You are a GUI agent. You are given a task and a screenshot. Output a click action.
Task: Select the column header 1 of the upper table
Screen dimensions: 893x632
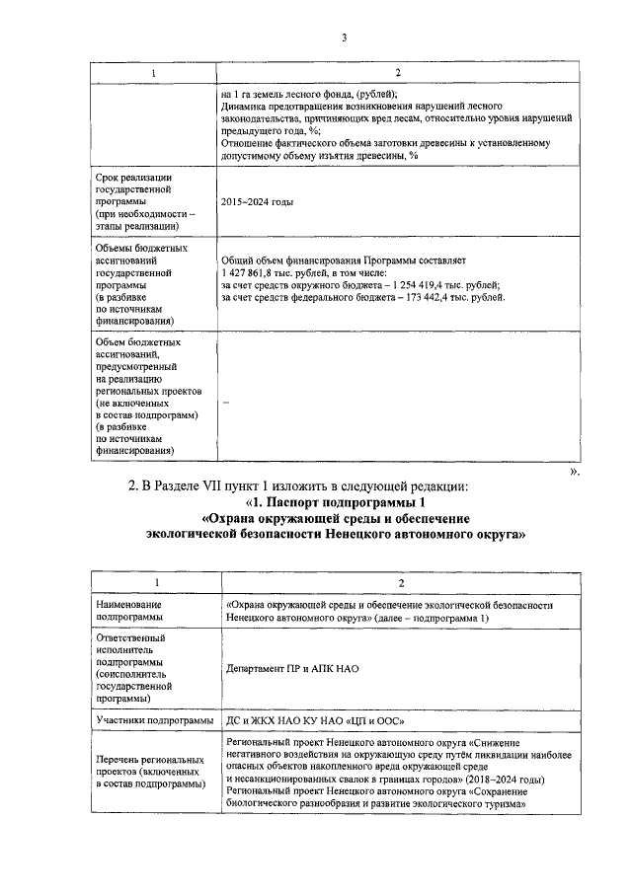coord(153,74)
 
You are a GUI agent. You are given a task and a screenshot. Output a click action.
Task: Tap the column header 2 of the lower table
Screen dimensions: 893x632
coord(396,582)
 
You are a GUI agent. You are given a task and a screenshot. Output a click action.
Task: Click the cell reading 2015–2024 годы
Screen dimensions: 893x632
coord(260,202)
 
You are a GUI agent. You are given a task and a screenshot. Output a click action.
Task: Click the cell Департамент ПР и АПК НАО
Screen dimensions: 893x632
coord(291,668)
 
